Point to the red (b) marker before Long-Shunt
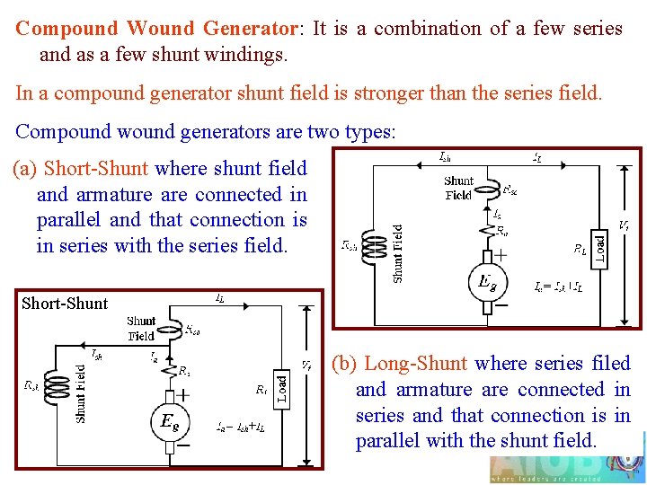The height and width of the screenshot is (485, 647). point(344,364)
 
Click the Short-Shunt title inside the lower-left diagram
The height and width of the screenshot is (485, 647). point(65,303)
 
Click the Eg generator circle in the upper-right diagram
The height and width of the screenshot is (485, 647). point(487,284)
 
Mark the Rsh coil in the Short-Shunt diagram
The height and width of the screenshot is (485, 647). point(58,384)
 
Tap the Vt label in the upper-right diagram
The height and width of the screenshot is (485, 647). point(624,225)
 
